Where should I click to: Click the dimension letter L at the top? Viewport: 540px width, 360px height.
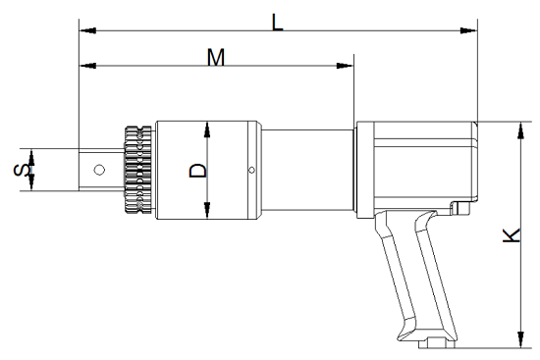tap(277, 23)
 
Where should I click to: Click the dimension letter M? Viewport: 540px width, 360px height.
tap(216, 57)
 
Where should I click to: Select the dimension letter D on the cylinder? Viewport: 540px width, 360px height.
tap(198, 171)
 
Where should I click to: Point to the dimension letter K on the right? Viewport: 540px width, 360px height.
tap(512, 235)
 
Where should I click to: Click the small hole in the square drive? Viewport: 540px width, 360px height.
tap(99, 170)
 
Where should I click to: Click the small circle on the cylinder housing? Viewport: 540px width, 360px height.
tap(251, 170)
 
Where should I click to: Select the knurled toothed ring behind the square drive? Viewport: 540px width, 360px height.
tap(137, 170)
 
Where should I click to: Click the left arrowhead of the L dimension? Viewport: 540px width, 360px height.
tap(87, 30)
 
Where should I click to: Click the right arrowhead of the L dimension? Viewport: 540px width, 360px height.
tap(468, 30)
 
